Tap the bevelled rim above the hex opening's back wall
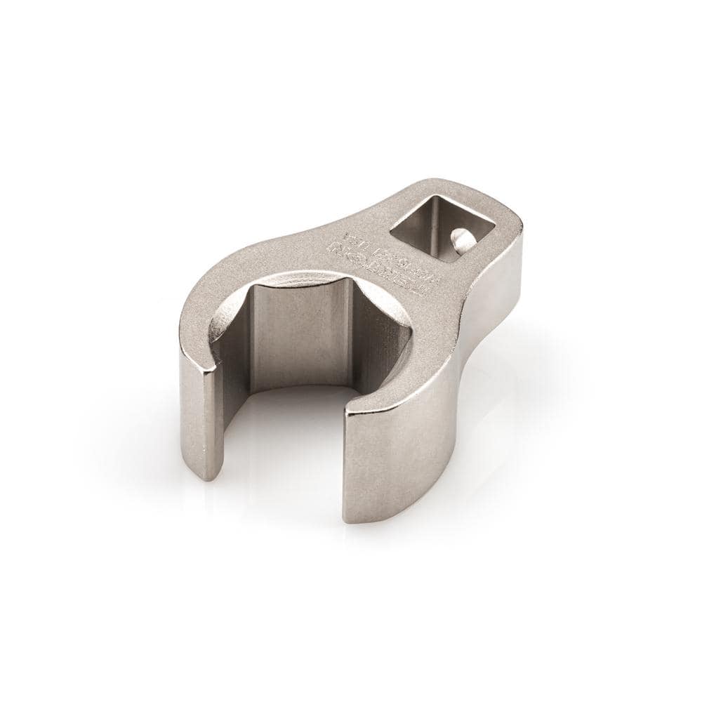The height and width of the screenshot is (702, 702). (309, 278)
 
